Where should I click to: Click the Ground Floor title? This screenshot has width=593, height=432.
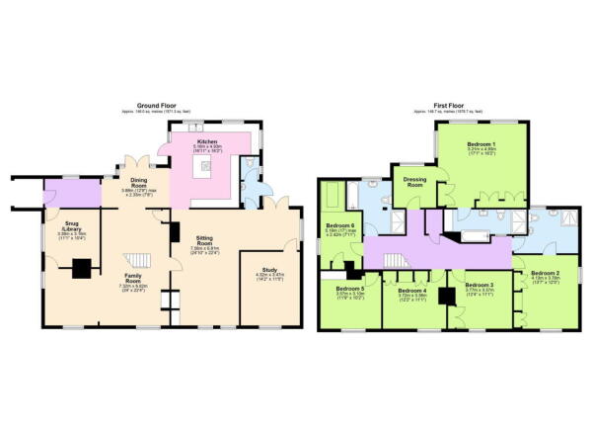pos(156,106)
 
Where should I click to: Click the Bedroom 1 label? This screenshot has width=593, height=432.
pos(482,144)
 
